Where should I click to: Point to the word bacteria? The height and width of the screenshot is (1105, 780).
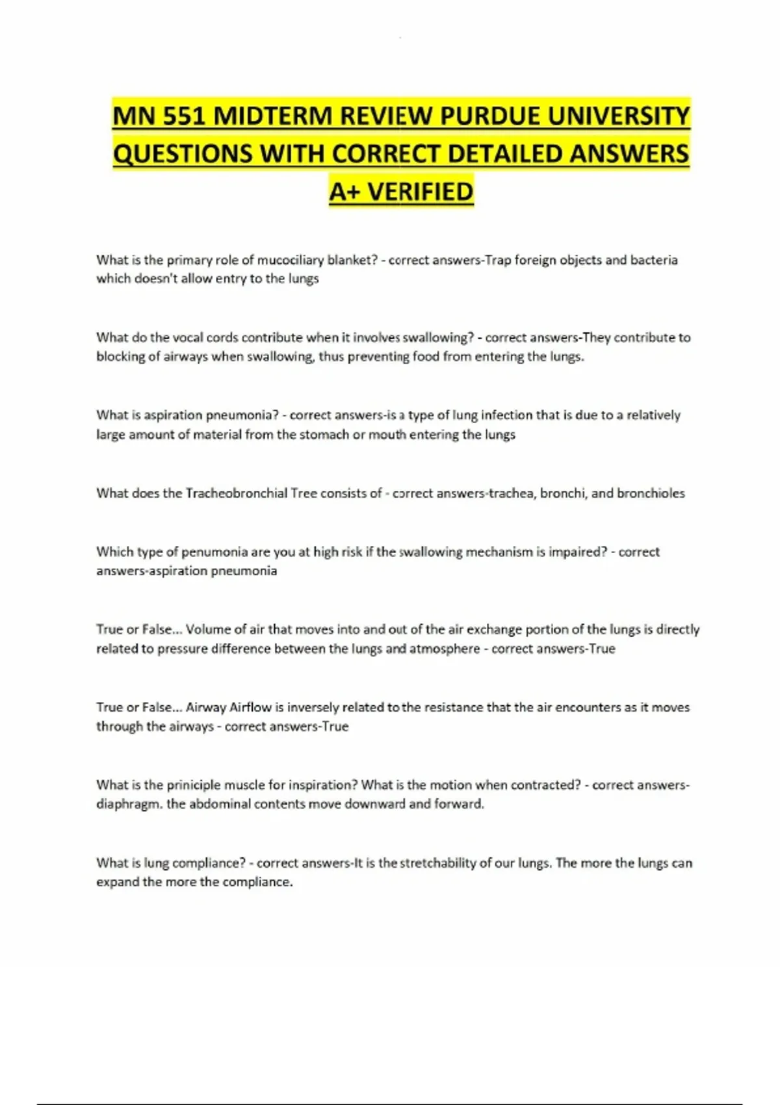(654, 260)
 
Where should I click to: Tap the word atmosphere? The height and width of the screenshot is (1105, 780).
(445, 649)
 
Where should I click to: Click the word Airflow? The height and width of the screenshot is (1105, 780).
(250, 707)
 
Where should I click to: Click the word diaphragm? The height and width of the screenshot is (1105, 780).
(127, 804)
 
